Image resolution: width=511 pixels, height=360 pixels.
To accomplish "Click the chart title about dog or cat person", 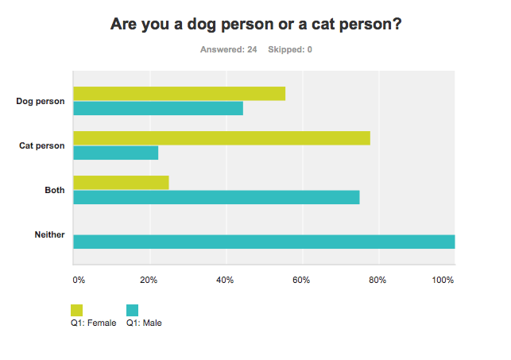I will coord(255,25).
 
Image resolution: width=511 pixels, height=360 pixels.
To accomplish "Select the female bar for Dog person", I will coord(179,94).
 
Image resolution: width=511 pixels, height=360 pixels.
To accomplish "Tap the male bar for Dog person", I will coord(158,108).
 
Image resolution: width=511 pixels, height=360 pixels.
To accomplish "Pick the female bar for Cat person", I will coord(222,138).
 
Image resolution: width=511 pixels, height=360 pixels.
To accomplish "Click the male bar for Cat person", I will coord(115,153).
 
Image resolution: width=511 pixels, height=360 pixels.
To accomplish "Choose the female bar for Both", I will coord(121,183).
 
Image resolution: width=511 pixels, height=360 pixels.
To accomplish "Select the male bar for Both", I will coord(216,197).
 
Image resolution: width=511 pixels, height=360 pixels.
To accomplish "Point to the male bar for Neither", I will coord(264,242).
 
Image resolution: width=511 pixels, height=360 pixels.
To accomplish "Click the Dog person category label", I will coord(41,101).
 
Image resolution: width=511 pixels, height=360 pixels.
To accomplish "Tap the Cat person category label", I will coord(42,145).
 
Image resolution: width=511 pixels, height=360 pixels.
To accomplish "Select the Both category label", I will coord(55,190).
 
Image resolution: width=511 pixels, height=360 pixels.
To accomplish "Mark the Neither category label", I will coord(50,234).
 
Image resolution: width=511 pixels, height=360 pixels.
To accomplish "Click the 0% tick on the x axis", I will coord(79,280).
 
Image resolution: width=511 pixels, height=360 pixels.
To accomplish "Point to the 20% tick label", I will coord(149,280).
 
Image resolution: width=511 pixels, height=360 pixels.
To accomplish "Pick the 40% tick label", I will coord(225,280).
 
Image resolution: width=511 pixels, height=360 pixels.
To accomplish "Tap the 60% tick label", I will coord(301,280).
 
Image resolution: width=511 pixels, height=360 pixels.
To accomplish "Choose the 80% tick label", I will coord(377,280).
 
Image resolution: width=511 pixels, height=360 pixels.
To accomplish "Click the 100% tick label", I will coord(443,280).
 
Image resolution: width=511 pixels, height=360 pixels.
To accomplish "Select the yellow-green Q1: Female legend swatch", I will coord(77,310).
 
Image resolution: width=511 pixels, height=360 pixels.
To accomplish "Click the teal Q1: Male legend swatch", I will coord(133,310).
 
